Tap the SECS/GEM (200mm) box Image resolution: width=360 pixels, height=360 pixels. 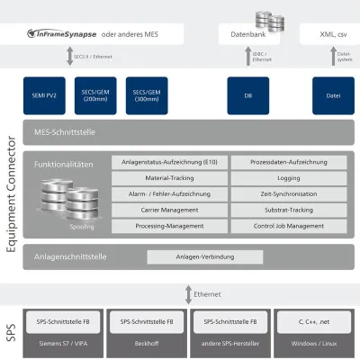tap(96, 94)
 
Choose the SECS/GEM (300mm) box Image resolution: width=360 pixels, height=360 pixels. tap(147, 94)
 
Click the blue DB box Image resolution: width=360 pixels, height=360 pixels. tap(247, 94)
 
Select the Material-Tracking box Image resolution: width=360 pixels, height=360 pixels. tap(168, 178)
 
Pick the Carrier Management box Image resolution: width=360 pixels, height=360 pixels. tap(168, 209)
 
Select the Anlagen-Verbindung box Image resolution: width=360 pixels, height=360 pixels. tap(205, 256)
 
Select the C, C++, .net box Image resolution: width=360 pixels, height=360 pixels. tap(308, 320)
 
